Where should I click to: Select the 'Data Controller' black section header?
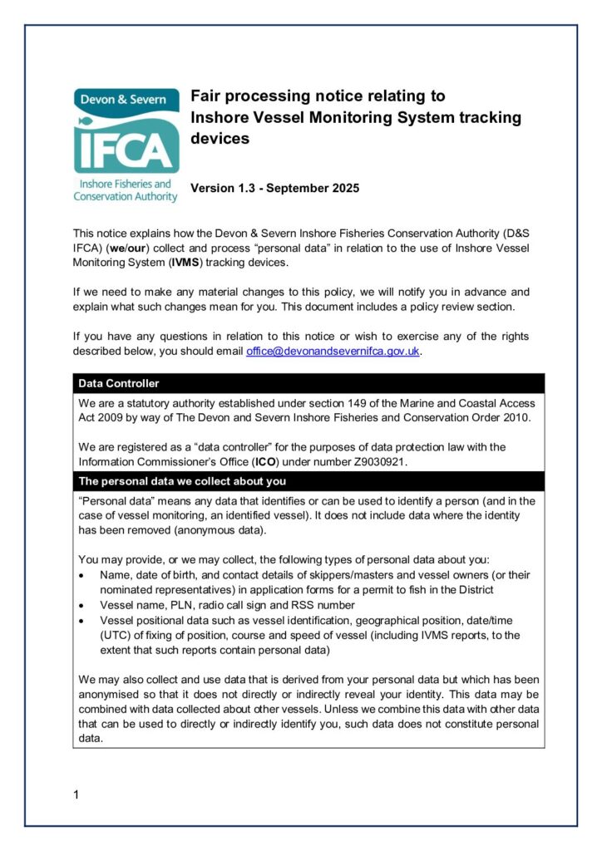(119, 384)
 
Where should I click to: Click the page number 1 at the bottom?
(76, 795)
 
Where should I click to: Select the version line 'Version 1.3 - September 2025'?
(275, 189)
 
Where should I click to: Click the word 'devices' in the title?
(220, 139)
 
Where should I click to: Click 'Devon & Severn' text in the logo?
(123, 99)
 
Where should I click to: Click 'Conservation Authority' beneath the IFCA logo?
(126, 197)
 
